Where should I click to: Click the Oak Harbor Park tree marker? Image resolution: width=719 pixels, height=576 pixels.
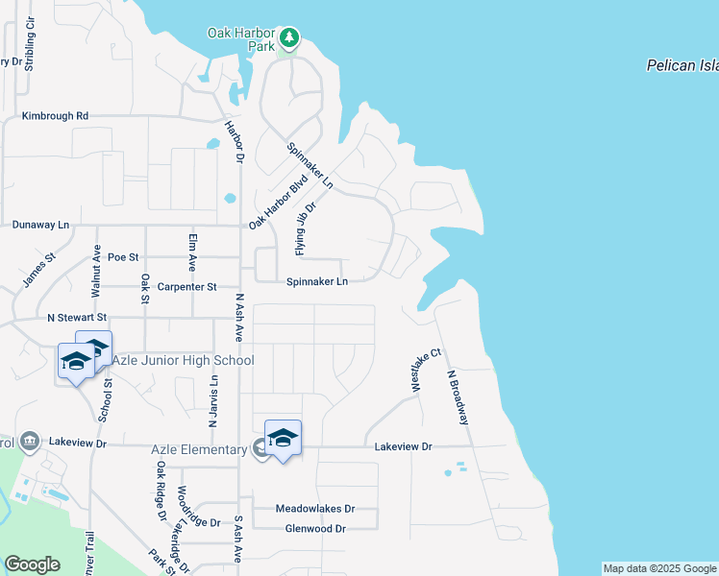point(289,40)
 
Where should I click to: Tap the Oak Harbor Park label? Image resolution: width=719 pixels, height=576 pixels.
point(241,38)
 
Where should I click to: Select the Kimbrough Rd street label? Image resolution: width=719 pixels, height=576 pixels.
point(55,116)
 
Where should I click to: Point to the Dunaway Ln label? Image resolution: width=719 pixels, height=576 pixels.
point(41,225)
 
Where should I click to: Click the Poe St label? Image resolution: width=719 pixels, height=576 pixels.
point(123,257)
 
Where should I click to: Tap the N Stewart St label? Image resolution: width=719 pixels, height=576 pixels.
point(77,317)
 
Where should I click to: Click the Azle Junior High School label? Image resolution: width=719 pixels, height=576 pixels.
point(184,360)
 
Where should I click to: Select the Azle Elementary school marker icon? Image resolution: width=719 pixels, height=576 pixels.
point(283,439)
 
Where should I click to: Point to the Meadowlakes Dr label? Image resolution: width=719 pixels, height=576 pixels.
point(315,509)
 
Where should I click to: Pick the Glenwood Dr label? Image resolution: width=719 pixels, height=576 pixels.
point(315,529)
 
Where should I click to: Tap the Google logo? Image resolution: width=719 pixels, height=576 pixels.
point(32,564)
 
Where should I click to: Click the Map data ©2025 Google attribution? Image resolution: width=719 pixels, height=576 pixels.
point(659,568)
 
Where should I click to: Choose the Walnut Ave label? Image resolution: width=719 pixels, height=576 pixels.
point(96,271)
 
